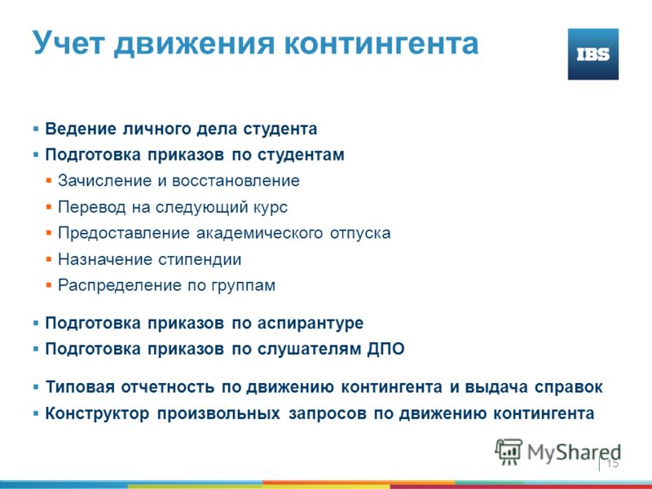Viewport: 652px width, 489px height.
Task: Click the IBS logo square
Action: click(x=593, y=54)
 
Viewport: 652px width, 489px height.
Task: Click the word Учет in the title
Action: click(x=68, y=43)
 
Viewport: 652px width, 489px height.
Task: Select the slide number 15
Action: click(x=613, y=464)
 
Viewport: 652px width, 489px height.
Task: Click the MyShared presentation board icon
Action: click(x=509, y=452)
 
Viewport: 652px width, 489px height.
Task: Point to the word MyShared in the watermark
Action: click(x=575, y=452)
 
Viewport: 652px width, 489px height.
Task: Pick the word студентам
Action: click(x=301, y=155)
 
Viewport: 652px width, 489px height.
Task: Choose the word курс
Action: click(x=271, y=208)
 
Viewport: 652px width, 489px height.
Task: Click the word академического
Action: click(x=259, y=233)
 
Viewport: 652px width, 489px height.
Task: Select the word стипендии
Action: click(x=200, y=260)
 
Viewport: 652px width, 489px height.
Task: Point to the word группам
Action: click(x=243, y=286)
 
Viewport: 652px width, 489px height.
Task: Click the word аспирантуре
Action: click(x=311, y=324)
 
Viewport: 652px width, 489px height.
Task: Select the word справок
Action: click(x=568, y=388)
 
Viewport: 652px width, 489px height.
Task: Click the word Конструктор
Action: click(x=97, y=414)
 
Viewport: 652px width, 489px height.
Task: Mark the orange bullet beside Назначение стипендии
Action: click(x=49, y=259)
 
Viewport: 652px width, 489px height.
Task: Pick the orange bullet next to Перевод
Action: click(x=49, y=207)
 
